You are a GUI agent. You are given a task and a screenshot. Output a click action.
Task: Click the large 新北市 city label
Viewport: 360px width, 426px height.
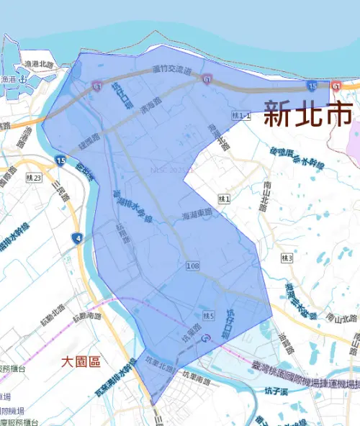308,114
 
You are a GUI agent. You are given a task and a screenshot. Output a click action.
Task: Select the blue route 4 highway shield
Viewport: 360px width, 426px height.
78,238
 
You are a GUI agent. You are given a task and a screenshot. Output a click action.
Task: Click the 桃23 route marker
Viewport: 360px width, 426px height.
34,178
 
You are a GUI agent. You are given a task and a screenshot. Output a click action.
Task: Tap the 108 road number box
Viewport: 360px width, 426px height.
192,267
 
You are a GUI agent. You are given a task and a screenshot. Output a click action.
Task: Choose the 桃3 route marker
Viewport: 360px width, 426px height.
288,258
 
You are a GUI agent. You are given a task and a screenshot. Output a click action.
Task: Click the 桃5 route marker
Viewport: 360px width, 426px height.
209,315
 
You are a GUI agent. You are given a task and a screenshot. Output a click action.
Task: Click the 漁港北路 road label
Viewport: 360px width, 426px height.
38,64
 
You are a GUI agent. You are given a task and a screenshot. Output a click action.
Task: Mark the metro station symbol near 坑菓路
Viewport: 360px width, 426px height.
208,337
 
